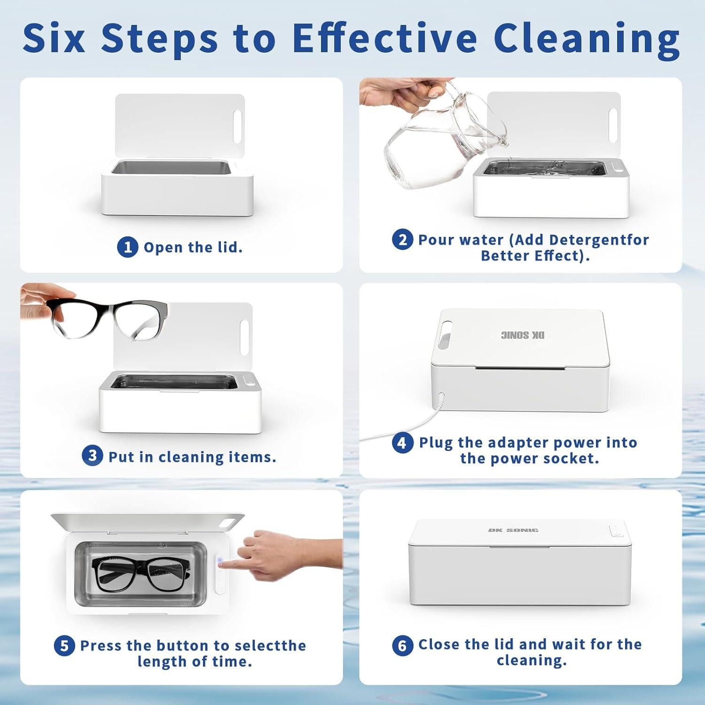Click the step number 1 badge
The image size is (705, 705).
127,247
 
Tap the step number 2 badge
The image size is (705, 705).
402,240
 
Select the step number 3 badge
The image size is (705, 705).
92,456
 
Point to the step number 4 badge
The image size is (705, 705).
402,443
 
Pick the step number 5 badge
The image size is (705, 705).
64,646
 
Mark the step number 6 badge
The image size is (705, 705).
402,645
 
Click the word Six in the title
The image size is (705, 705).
54,38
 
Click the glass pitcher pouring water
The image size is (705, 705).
446,127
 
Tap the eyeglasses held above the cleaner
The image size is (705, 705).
109,319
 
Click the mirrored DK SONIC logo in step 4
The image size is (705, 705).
523,335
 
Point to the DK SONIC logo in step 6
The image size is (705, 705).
513,530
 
